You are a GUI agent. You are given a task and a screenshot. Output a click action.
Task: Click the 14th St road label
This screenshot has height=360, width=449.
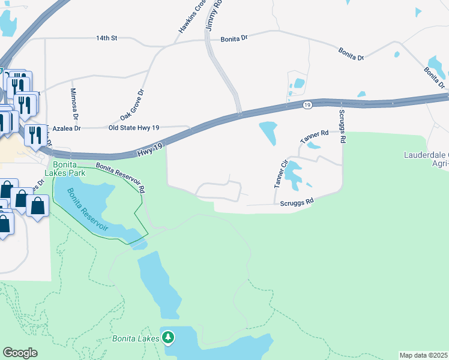[106, 38]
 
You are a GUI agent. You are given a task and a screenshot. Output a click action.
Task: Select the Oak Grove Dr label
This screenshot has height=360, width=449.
[133, 105]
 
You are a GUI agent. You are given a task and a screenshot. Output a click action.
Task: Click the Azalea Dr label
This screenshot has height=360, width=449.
[66, 128]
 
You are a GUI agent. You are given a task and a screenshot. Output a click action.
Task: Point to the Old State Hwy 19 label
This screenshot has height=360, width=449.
[134, 128]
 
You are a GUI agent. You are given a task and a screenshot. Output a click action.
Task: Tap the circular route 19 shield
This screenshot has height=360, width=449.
[307, 105]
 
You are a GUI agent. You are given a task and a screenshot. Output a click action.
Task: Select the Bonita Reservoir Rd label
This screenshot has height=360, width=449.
[121, 178]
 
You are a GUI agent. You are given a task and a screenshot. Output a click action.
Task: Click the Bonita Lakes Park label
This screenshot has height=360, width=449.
[69, 169]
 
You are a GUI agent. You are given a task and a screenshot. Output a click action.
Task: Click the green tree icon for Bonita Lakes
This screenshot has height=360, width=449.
[168, 338]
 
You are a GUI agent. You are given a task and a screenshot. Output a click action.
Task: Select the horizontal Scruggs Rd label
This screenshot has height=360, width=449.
[297, 203]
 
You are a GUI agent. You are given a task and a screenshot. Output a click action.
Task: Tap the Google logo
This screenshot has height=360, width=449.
[20, 353]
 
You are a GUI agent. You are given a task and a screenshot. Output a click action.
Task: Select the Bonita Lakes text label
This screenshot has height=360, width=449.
[136, 338]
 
